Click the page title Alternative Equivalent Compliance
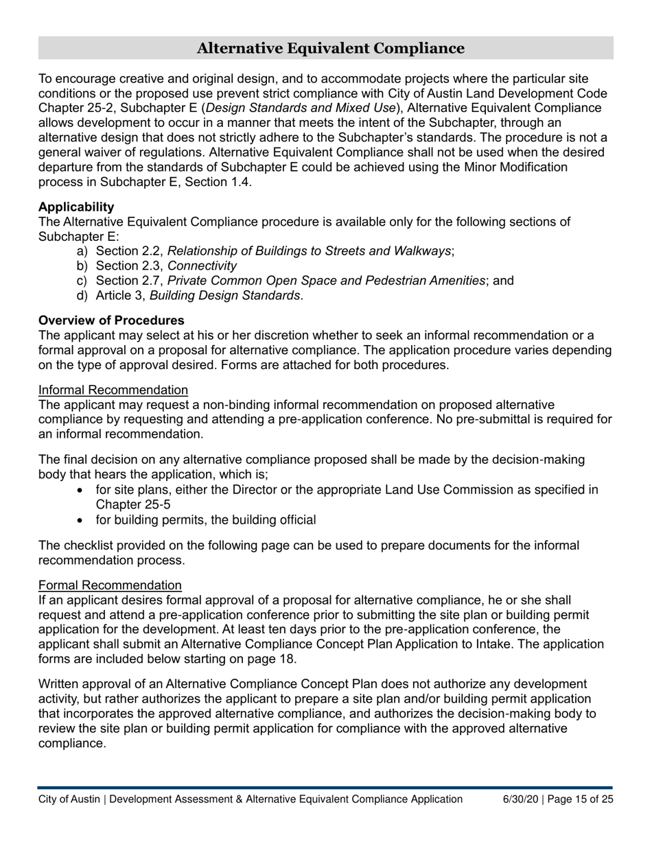(330, 48)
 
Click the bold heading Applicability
(76, 207)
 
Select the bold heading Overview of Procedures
(111, 320)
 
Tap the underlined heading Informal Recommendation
(113, 390)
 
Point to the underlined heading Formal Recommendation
(110, 585)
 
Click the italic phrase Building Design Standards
(224, 296)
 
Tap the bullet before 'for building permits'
(82, 520)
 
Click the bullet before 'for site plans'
(82, 491)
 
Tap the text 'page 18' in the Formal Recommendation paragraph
(275, 659)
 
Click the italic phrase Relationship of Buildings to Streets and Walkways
(309, 251)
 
